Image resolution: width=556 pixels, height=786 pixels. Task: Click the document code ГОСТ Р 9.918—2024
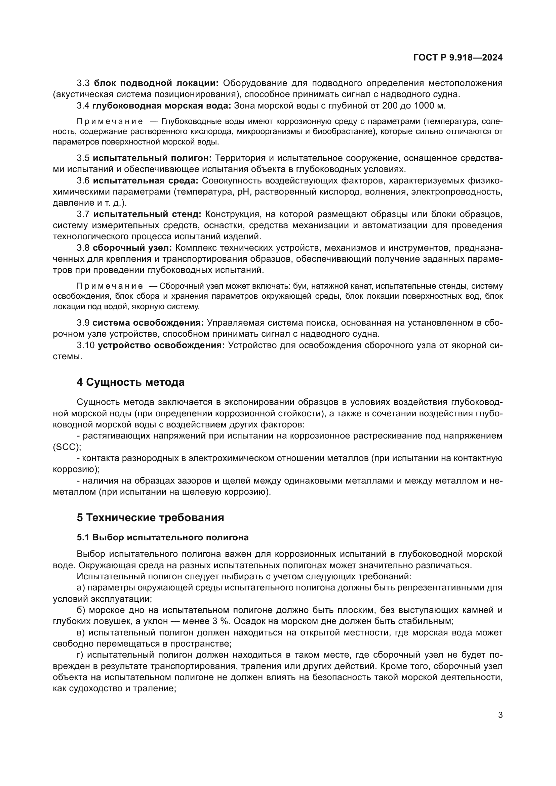coord(458,58)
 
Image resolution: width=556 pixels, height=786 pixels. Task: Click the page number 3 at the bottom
coord(500,715)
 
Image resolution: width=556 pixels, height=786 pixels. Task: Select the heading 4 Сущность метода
coord(130,382)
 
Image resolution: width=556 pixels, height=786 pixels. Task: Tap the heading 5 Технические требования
coord(150,518)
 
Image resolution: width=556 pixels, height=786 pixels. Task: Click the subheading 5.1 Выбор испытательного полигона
coord(163,537)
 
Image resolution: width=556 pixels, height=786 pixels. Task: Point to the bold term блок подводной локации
coord(156,83)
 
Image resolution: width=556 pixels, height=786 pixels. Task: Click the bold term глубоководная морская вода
coord(162,106)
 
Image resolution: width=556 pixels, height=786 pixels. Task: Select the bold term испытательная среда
coord(146,181)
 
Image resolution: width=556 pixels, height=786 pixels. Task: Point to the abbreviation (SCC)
coord(67,447)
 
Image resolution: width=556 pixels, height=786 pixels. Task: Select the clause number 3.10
coord(86,345)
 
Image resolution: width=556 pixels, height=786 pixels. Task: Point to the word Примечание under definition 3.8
coord(110,286)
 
